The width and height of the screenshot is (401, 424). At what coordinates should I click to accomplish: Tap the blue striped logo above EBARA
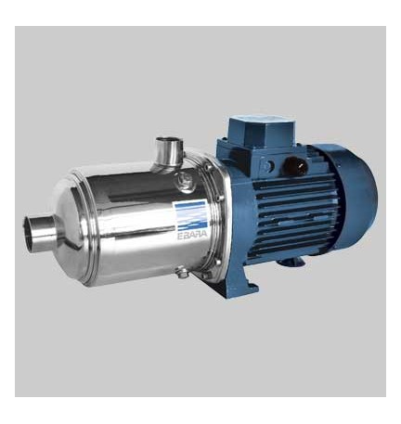tap(189, 215)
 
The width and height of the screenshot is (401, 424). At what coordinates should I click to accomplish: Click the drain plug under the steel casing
tap(182, 273)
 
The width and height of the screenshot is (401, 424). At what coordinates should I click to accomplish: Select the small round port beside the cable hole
tap(268, 165)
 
